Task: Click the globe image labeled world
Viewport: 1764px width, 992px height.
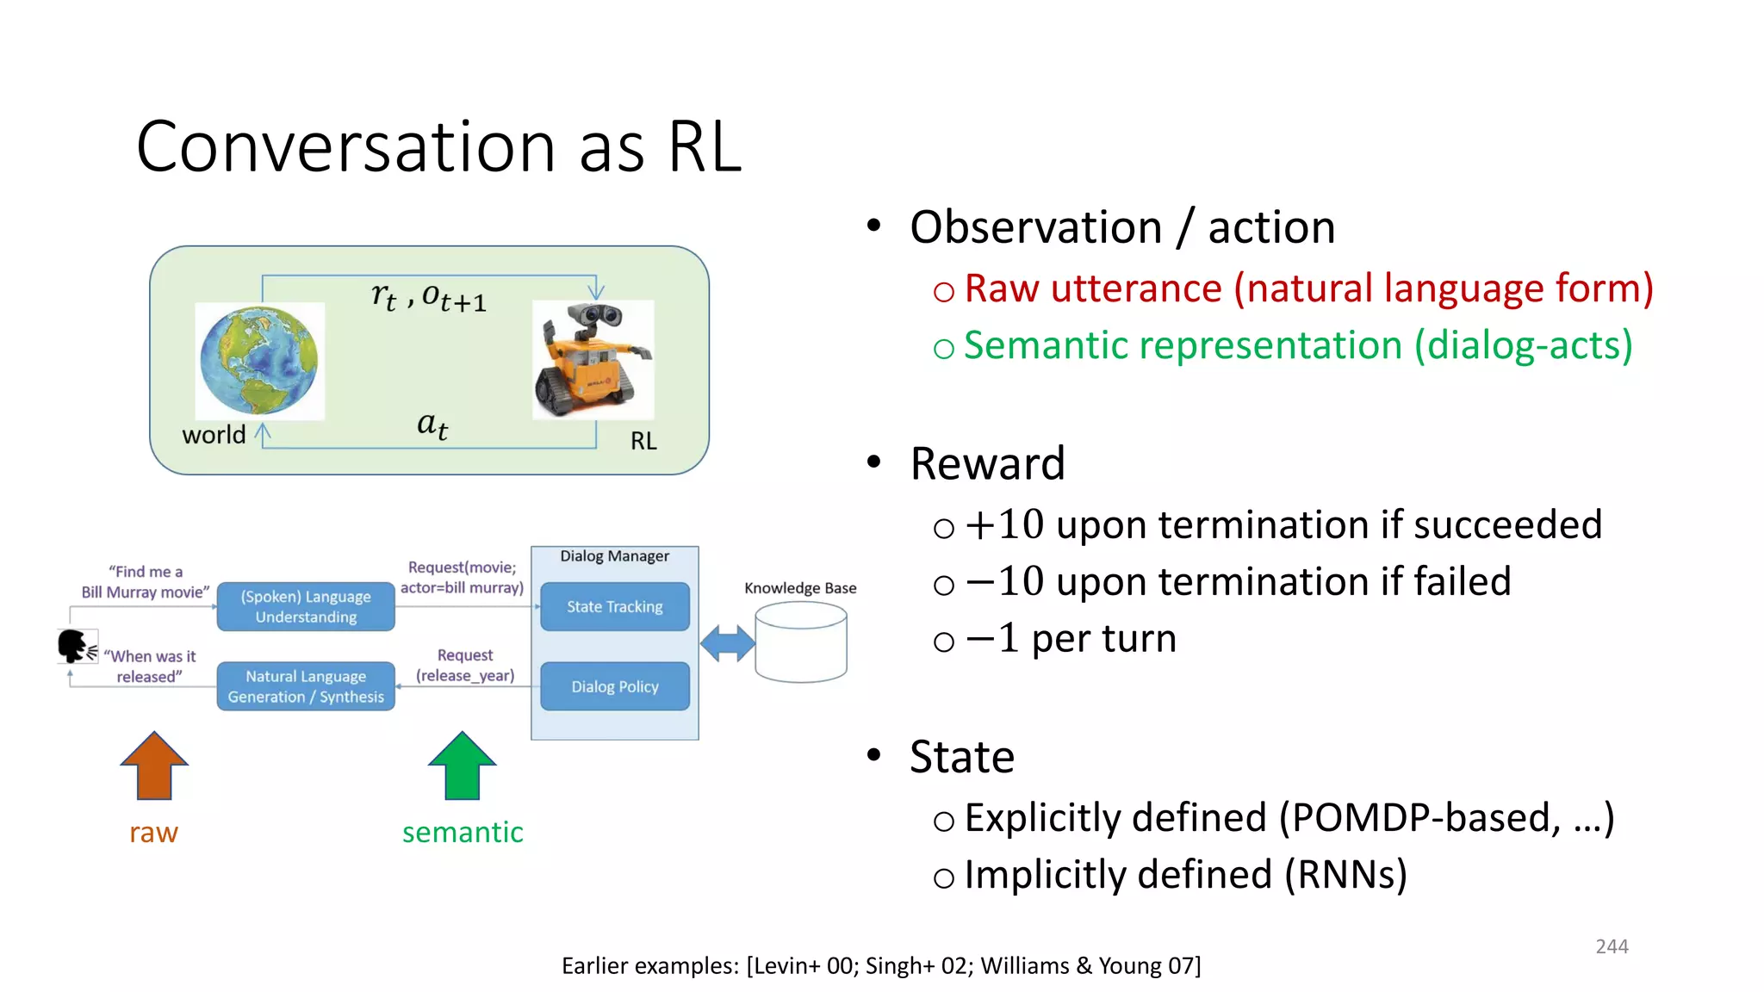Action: [259, 361]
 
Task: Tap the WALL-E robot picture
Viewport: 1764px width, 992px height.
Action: [593, 359]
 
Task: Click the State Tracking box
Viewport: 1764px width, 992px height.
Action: [614, 607]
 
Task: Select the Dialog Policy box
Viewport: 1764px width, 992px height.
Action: [614, 686]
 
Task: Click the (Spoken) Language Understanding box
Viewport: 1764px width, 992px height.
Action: [306, 607]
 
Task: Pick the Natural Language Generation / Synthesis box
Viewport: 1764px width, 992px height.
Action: [306, 686]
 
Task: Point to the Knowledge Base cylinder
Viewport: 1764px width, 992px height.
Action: [800, 642]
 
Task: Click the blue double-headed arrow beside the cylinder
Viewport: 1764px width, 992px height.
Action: [727, 643]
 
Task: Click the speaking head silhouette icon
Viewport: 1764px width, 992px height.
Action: [74, 646]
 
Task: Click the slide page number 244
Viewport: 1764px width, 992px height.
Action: [1612, 946]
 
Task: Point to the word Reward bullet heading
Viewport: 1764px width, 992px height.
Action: [987, 463]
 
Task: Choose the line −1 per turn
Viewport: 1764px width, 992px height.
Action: [1071, 639]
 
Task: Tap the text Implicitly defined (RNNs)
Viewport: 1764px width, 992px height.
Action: [1185, 875]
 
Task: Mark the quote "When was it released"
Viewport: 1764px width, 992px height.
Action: [150, 666]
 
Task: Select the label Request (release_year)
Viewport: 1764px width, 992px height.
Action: [465, 666]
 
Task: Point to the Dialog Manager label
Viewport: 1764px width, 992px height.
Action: [614, 556]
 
